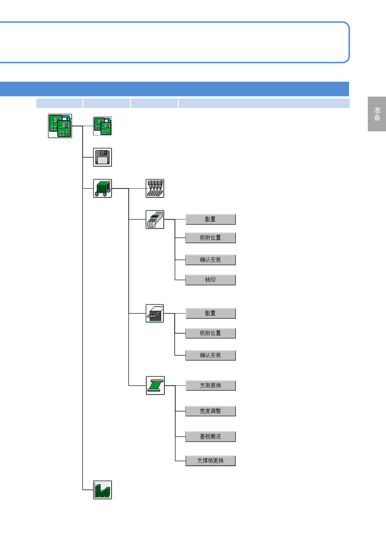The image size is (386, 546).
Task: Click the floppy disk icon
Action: [x=103, y=157]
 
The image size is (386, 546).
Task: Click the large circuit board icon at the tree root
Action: [x=60, y=126]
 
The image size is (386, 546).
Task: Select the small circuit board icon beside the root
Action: [x=103, y=126]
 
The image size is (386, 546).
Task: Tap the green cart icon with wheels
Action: [x=103, y=188]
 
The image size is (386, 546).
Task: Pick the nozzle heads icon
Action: [x=155, y=188]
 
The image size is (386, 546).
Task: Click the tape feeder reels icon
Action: [x=155, y=220]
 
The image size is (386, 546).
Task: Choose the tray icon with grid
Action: [x=155, y=314]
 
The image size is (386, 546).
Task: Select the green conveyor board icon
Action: [x=155, y=386]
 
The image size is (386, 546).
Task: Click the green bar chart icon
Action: [x=103, y=490]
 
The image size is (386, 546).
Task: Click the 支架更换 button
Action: [x=211, y=386]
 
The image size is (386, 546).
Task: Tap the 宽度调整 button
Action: [x=211, y=411]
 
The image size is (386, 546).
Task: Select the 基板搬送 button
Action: [x=211, y=437]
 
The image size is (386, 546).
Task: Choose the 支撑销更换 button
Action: [x=211, y=461]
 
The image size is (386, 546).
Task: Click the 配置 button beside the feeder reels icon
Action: [x=211, y=220]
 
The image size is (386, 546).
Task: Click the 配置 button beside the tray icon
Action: [x=211, y=314]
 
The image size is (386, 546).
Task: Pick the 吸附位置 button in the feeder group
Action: [x=211, y=238]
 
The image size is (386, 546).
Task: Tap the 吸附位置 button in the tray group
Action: [x=211, y=333]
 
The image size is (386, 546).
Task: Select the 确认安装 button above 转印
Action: [x=211, y=260]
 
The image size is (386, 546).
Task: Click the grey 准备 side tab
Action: [x=377, y=114]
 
